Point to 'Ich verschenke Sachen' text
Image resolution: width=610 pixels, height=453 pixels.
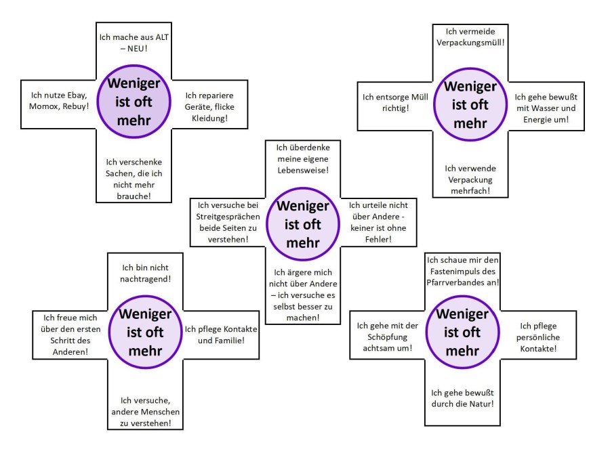point(128,179)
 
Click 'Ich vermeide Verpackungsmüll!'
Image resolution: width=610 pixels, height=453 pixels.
point(470,37)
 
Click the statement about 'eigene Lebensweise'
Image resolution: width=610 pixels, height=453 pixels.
point(302,158)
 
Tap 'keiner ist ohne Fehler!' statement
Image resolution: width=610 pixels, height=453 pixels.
point(379,222)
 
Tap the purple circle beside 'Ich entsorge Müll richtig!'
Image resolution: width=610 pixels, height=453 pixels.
point(470,106)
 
